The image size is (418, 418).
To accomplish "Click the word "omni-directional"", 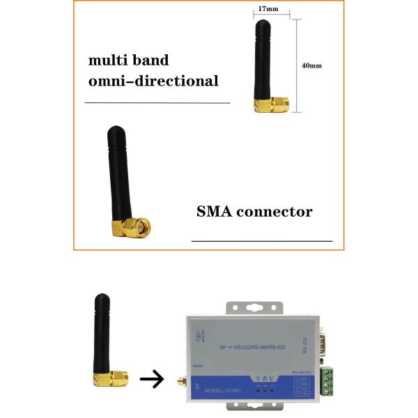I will click(153, 81).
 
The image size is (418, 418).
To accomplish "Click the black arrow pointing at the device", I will click(151, 380).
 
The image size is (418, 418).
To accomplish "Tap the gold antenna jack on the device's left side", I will click(182, 382).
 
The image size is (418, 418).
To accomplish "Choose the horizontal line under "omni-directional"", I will click(157, 102).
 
